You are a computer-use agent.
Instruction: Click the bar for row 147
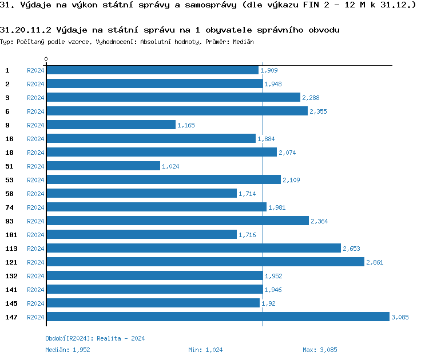pos(217,317)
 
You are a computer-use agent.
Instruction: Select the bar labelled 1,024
pos(103,166)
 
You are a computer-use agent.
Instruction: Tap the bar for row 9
pos(110,125)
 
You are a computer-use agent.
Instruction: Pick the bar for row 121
pos(205,262)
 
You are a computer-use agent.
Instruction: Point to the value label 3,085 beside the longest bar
pos(400,317)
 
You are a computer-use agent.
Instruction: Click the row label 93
pos(10,221)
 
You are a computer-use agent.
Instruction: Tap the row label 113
pos(11,249)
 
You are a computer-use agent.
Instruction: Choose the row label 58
pos(10,194)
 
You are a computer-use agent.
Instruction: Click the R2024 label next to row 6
pos(35,111)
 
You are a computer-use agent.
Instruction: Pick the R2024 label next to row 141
pos(35,290)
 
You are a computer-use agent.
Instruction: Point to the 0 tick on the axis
pos(46,59)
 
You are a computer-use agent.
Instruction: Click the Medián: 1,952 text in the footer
pos(67,350)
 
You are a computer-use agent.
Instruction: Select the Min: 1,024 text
pos(205,350)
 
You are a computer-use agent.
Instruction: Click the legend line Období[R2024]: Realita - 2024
pos(95,338)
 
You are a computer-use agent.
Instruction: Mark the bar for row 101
pos(141,235)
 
